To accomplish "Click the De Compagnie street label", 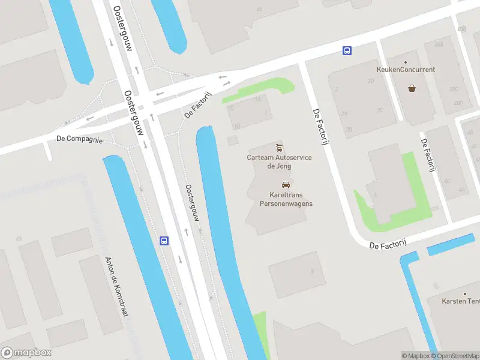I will coord(79,139).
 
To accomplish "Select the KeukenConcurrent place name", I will coord(405,70).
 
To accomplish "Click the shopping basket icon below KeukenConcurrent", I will coord(412,88).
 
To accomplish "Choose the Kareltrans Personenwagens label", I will coord(286,199).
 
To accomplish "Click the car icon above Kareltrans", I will coord(286,185).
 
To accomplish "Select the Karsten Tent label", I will coord(460,301).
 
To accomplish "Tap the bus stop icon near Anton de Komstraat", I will coord(164,241).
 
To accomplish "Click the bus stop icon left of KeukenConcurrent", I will coord(347,51).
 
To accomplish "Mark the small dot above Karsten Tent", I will coord(464,294).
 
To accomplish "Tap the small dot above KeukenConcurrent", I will coord(406,62).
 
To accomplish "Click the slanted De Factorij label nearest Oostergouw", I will coord(199,105).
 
